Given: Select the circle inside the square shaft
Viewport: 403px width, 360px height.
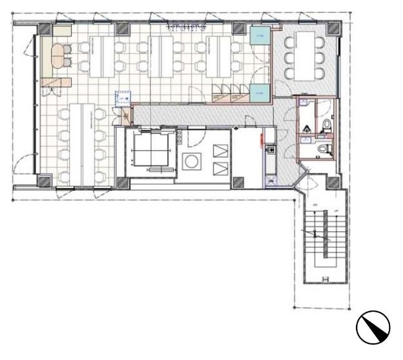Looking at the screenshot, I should (x=192, y=162).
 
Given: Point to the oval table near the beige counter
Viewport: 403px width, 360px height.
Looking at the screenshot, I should (x=63, y=56).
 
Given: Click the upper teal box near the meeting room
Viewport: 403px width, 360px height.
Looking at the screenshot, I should (x=259, y=35).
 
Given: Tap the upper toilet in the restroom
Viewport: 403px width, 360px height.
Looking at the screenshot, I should (x=328, y=122).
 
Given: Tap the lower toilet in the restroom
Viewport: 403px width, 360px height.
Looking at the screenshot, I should (x=328, y=149).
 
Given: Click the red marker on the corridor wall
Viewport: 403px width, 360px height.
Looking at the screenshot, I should (x=261, y=137).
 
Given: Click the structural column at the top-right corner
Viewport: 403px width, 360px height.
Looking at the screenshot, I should (x=333, y=29).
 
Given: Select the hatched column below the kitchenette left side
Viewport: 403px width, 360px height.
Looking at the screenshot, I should (x=239, y=183).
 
